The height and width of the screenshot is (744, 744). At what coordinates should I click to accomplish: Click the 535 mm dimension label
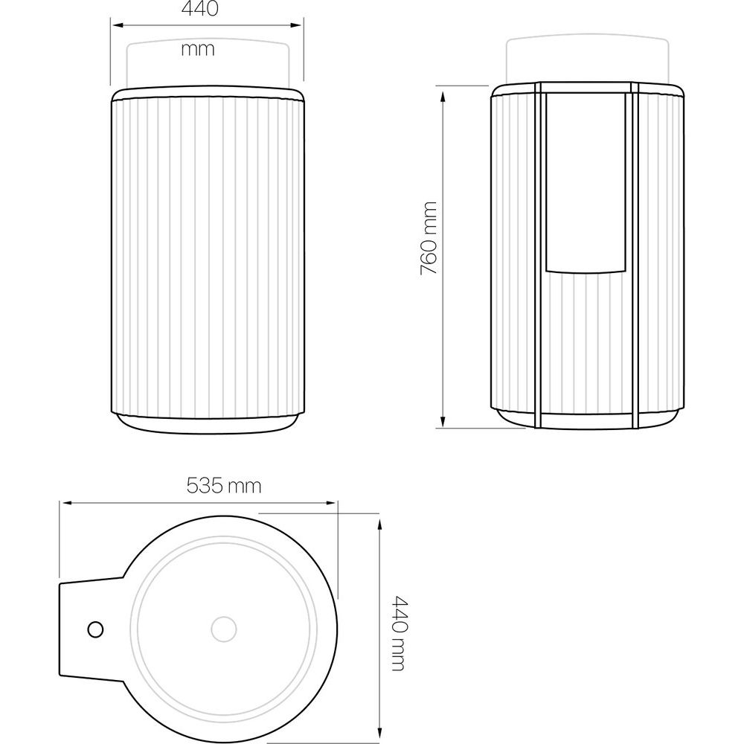click(224, 485)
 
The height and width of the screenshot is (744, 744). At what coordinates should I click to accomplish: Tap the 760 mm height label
click(429, 238)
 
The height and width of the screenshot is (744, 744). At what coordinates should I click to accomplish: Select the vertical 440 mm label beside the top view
click(397, 633)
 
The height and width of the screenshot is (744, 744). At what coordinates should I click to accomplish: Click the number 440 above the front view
click(199, 8)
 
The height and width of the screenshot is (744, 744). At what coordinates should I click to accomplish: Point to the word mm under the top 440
click(198, 49)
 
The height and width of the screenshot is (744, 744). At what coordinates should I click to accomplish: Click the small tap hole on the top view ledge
click(96, 629)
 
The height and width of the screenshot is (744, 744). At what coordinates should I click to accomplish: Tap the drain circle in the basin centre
click(223, 629)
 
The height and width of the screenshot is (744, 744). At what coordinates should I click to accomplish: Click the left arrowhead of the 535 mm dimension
click(65, 502)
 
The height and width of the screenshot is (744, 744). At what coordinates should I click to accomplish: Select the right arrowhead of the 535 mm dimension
click(331, 502)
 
